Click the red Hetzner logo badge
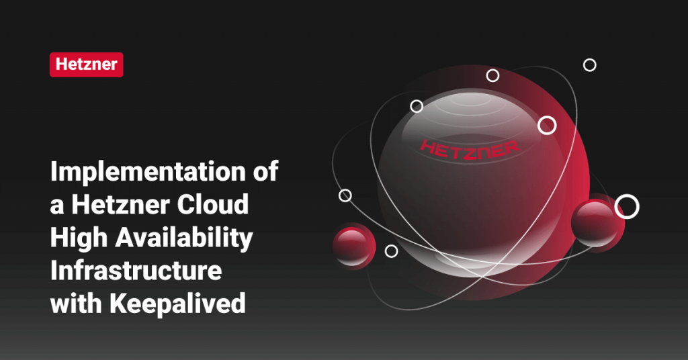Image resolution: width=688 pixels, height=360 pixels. pos(86,64)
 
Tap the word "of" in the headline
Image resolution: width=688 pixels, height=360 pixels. pos(264,173)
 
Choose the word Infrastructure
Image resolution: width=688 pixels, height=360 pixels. pos(136,271)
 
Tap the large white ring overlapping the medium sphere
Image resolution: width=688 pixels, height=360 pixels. pos(626,207)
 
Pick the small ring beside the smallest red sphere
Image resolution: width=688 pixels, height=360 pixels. pos(391,251)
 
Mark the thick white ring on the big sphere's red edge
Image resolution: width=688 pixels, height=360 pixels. pos(548,125)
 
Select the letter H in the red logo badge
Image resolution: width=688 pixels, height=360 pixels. pos(61,65)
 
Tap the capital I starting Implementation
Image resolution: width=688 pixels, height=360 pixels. pos(54,173)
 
